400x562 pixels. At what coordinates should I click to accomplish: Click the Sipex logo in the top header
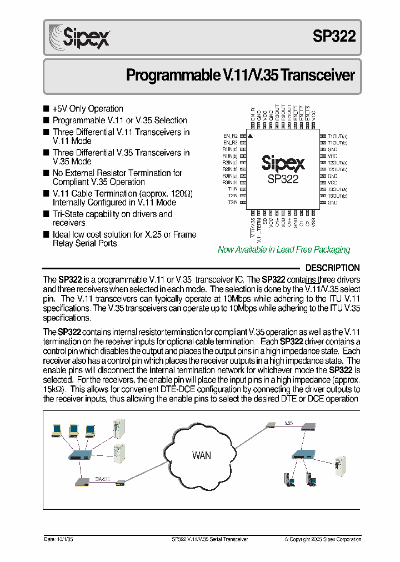[80, 37]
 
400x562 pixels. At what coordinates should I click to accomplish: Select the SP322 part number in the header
[334, 37]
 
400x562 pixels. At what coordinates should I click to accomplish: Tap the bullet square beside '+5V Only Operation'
[46, 109]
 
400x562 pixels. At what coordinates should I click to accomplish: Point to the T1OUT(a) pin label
[337, 136]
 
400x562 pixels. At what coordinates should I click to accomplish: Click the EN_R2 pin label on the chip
[231, 136]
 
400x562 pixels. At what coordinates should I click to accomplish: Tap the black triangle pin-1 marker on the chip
[251, 136]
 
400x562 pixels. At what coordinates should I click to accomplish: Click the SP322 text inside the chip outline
[283, 179]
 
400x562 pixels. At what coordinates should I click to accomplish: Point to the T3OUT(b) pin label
[337, 196]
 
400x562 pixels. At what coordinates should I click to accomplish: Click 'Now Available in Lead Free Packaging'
[283, 250]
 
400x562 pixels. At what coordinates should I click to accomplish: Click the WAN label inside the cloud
[201, 456]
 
